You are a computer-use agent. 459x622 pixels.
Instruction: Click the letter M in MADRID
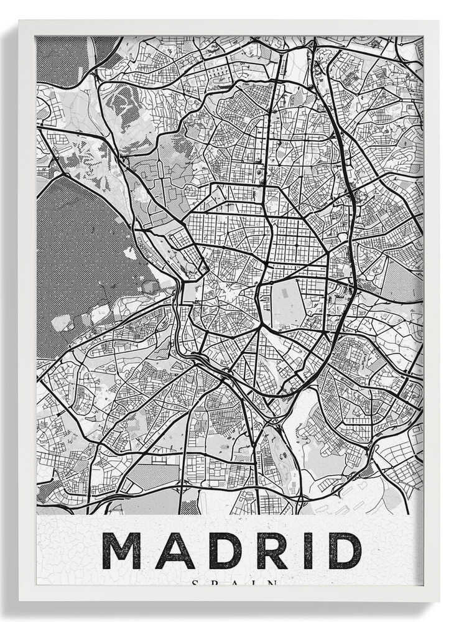click(x=121, y=550)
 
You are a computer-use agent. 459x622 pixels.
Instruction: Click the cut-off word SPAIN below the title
click(x=233, y=583)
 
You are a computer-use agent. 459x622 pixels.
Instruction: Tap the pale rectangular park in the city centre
click(x=287, y=304)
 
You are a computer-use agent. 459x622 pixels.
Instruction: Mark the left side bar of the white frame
click(x=27, y=311)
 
